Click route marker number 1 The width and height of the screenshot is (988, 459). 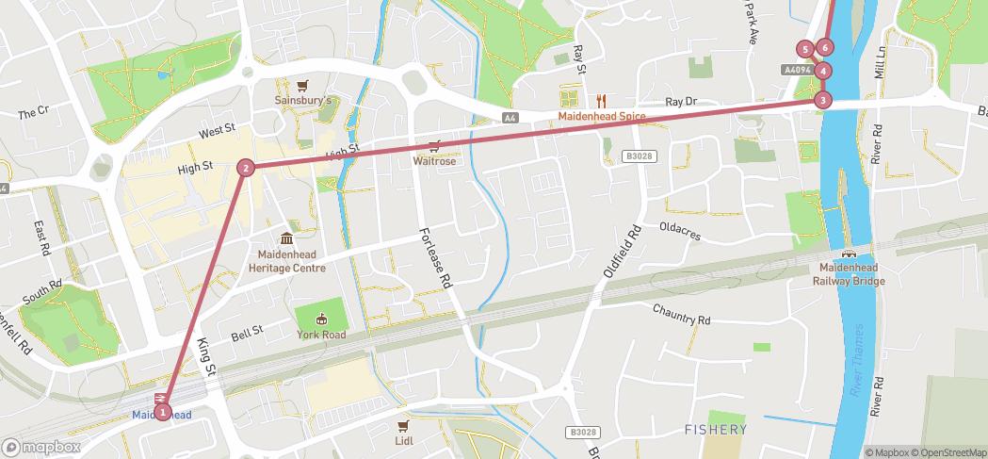point(163,412)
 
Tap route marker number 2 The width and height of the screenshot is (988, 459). point(246,168)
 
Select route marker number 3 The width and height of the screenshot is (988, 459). point(823,99)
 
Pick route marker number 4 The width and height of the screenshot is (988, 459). point(823,71)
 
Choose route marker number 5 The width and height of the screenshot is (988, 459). point(804,49)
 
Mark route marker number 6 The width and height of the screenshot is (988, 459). point(825,47)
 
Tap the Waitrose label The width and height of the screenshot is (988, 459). point(434,161)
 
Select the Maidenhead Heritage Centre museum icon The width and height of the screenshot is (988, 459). point(287,238)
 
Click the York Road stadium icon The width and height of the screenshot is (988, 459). point(321,319)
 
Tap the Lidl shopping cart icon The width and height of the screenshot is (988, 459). point(404,426)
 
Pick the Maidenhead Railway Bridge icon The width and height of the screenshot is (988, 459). point(849,254)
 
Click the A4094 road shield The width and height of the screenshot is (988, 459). point(796,70)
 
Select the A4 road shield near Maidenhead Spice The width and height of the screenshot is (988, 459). point(510,118)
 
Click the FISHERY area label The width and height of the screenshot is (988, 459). point(716,430)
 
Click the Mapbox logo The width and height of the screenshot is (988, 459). point(41,447)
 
